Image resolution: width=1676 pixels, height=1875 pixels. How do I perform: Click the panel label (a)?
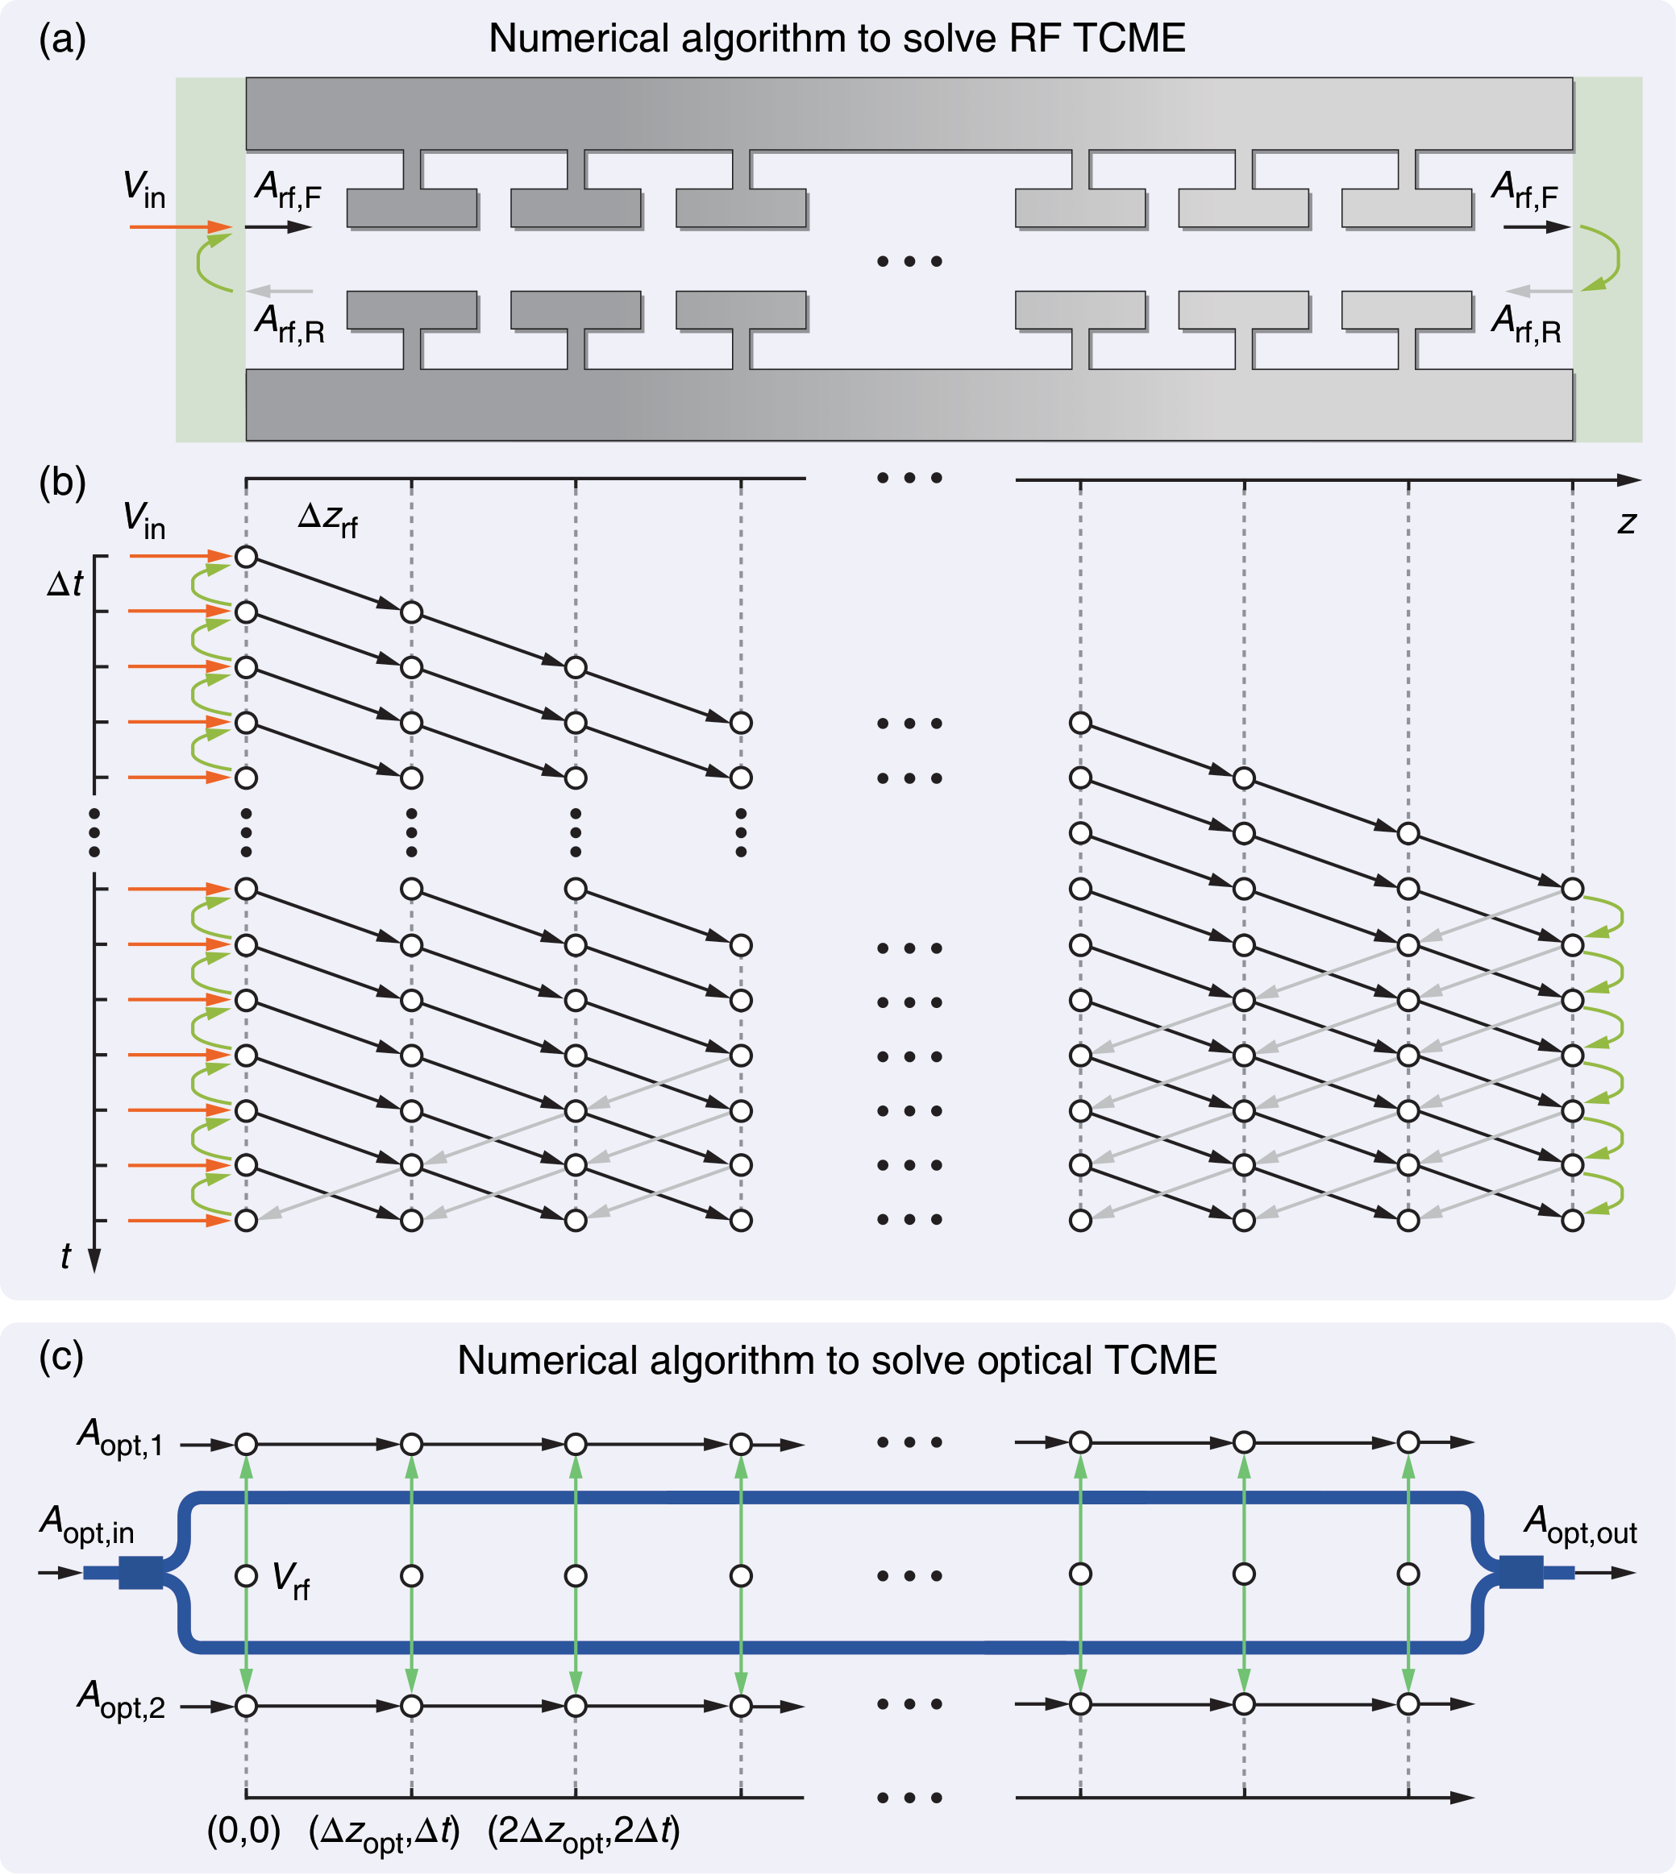62,40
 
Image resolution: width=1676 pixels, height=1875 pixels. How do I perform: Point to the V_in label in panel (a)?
143,189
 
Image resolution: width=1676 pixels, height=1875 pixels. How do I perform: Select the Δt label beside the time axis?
64,583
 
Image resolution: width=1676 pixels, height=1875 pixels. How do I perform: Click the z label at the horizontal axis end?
1626,523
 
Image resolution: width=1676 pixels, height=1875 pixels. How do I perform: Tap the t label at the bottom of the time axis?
65,1255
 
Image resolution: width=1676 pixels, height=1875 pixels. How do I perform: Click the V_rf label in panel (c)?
291,1579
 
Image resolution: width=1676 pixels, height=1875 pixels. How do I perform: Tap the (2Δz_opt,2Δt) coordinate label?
583,1832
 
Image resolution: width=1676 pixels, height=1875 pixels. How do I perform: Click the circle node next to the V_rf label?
246,1576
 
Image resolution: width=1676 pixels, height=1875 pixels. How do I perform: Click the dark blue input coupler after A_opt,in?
140,1572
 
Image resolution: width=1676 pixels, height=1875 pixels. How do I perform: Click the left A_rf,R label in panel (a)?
289,324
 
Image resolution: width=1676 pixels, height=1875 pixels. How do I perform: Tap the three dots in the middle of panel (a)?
909,261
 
